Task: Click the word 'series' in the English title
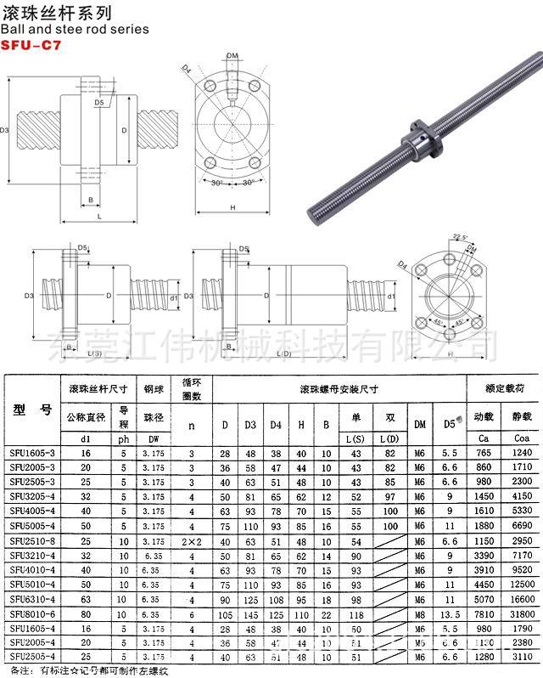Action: (x=127, y=29)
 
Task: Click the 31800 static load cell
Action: (x=522, y=613)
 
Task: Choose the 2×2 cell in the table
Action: (x=193, y=540)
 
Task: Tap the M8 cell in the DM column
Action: (x=419, y=613)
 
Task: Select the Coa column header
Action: (x=521, y=438)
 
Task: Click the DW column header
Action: (x=154, y=438)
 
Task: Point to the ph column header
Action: (x=124, y=438)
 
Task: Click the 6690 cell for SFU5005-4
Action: (x=522, y=526)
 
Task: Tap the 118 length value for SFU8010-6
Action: (x=355, y=613)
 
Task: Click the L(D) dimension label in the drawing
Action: (x=283, y=353)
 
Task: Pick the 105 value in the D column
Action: (x=225, y=613)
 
